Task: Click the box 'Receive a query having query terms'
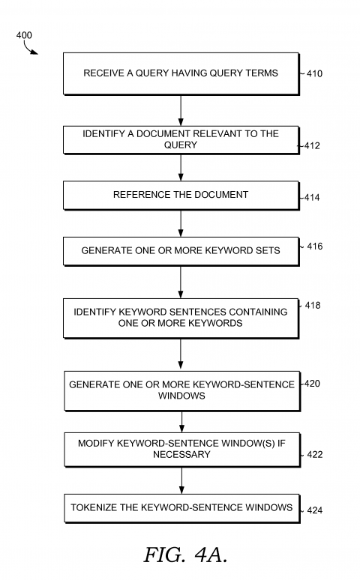click(181, 73)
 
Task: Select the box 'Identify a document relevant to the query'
click(181, 139)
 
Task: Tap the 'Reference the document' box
click(181, 195)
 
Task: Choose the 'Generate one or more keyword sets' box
click(181, 251)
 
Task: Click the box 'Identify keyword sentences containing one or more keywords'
click(181, 318)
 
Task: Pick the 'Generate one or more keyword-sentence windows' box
click(181, 390)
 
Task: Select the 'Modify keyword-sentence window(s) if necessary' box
click(181, 449)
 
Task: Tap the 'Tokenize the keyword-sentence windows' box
click(181, 508)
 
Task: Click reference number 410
click(315, 74)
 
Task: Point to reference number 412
click(312, 146)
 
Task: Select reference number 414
click(312, 198)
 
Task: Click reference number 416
click(315, 247)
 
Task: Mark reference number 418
click(313, 306)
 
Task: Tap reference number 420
click(313, 384)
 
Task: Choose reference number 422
click(315, 455)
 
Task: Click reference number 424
click(315, 510)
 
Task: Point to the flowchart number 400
click(24, 35)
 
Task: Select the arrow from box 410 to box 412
click(181, 110)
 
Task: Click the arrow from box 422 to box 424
click(181, 480)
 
